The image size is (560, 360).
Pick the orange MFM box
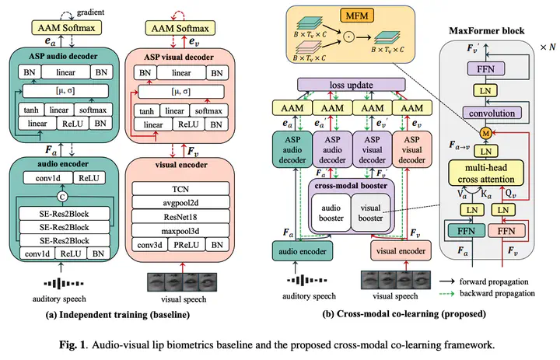point(349,15)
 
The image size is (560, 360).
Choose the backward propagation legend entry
point(497,293)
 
